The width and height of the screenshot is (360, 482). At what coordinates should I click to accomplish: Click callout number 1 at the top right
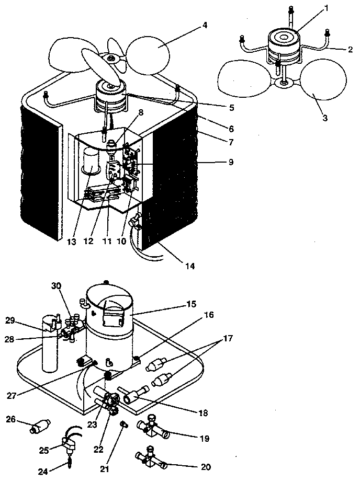[311, 9]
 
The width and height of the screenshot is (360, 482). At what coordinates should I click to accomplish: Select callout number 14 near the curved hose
[189, 266]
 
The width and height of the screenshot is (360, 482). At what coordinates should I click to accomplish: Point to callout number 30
[56, 285]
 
